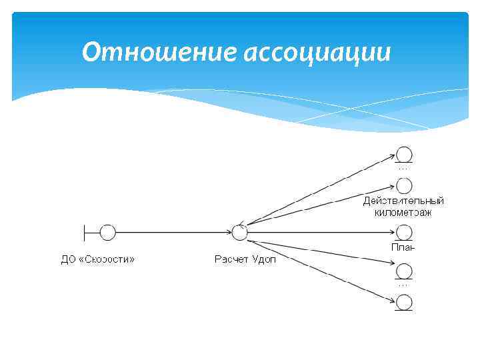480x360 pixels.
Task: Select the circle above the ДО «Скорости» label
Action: [107, 232]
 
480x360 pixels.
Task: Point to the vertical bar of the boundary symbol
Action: [85, 232]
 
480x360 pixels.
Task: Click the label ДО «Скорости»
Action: [97, 259]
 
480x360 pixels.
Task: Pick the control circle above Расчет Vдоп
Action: [240, 232]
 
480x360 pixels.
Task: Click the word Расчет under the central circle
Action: [231, 259]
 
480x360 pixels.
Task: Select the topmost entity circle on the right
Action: [404, 153]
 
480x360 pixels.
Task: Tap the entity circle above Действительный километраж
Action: [404, 186]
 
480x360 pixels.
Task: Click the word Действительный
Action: [403, 201]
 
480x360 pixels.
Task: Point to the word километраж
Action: [403, 213]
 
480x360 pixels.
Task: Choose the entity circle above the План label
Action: [404, 232]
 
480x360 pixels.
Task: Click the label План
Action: [403, 247]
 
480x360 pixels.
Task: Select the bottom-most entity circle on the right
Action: [404, 302]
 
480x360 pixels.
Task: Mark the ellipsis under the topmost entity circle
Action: [403, 169]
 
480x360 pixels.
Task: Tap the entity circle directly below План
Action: [404, 271]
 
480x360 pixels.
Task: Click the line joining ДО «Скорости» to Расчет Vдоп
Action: [173, 232]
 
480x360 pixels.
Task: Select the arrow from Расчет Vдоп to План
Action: [320, 232]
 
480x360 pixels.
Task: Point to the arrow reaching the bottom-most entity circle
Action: [320, 270]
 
